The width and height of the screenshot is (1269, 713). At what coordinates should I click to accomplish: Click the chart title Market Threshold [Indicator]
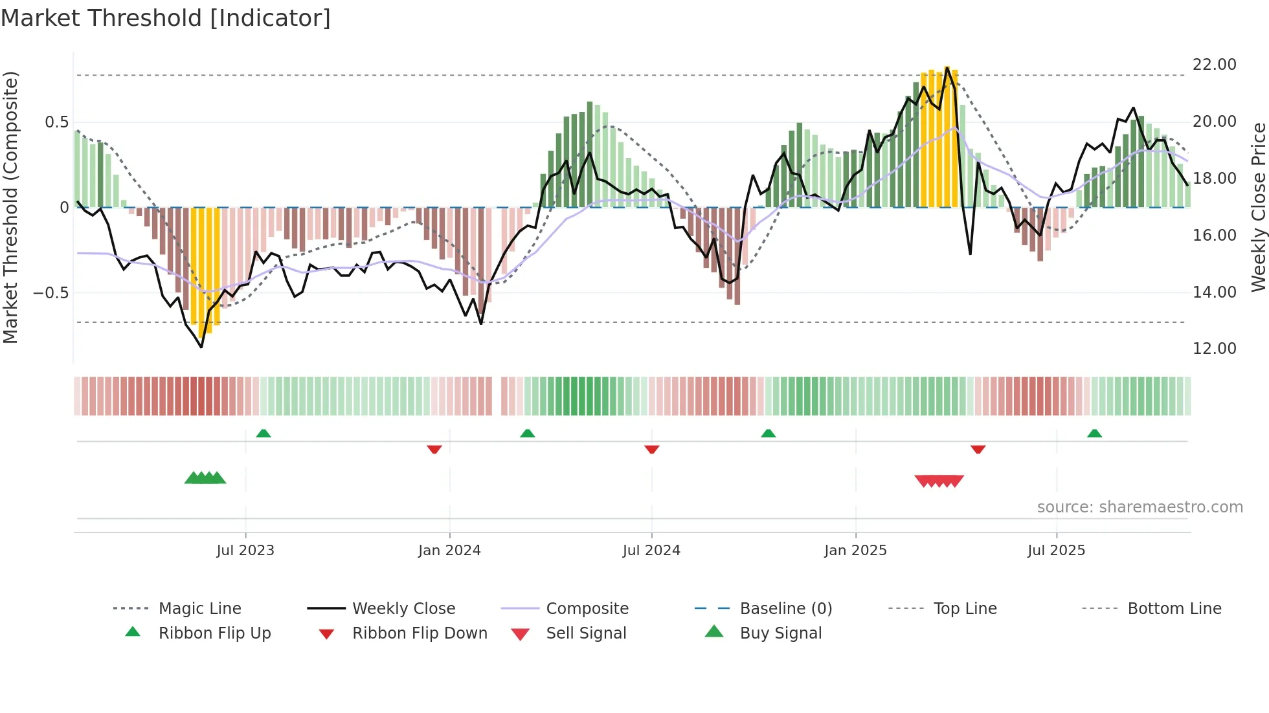coord(166,18)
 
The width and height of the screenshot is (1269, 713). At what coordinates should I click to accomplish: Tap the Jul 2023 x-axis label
coord(245,551)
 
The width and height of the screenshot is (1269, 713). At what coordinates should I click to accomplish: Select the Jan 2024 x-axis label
coord(449,551)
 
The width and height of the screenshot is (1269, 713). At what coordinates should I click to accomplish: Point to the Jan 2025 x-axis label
coord(855,551)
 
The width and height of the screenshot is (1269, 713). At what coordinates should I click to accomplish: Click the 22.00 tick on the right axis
coord(1214,65)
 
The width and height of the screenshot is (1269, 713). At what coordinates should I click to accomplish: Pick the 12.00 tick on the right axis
coord(1214,349)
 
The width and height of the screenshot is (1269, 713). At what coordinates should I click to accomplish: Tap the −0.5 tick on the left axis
coord(51,293)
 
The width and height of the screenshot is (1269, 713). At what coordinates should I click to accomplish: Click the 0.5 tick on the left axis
coord(56,122)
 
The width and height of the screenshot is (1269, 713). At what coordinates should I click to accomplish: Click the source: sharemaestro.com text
coord(1140,507)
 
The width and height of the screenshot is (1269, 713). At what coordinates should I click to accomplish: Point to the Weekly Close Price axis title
coord(1258,207)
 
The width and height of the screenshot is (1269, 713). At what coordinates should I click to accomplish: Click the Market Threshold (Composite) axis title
coord(10,207)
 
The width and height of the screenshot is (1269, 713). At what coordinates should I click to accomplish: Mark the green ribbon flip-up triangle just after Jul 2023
coord(264,433)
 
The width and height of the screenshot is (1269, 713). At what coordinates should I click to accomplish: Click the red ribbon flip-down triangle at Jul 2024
coord(652,449)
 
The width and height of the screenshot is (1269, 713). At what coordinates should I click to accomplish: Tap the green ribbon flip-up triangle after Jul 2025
coord(1094,433)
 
